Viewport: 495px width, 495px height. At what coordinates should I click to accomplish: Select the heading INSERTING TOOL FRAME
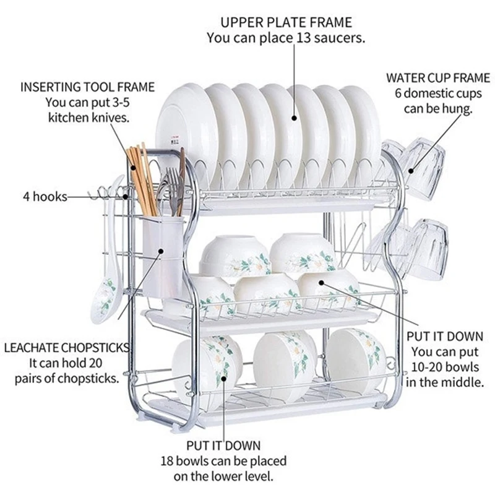[x=88, y=87]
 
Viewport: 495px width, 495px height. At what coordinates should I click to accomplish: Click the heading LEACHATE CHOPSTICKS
[x=67, y=347]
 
